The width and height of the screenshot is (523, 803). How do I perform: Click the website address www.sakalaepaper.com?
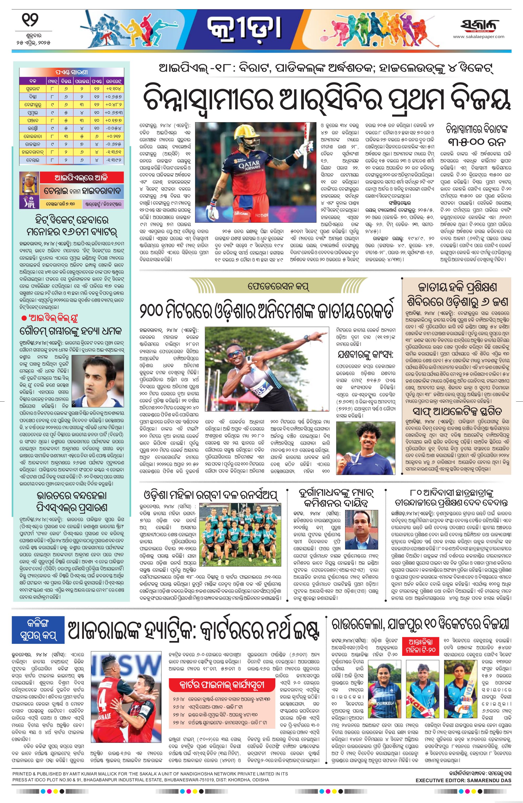click(x=478, y=37)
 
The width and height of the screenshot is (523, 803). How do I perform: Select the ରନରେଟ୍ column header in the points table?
click(x=113, y=81)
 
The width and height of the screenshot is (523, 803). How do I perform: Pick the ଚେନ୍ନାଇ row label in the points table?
click(x=33, y=160)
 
